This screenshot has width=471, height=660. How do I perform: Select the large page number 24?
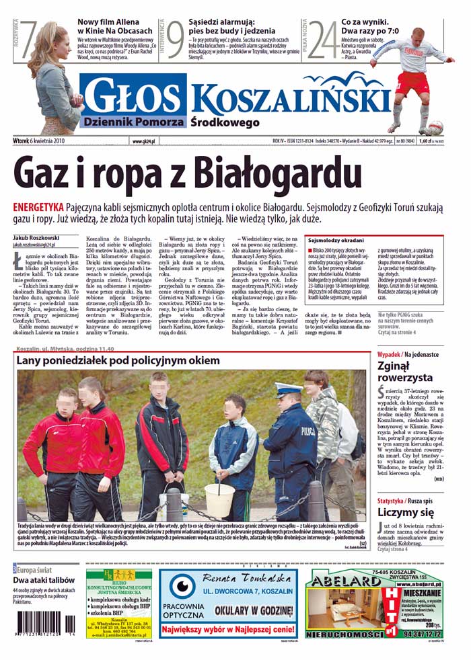pos(322,40)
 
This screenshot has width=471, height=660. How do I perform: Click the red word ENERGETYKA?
pos(38,206)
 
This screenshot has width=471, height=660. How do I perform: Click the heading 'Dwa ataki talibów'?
pos(42,580)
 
